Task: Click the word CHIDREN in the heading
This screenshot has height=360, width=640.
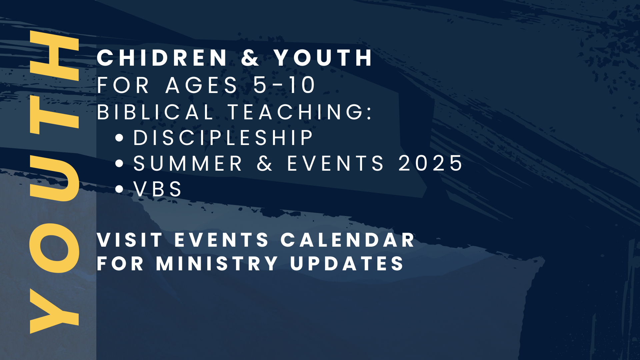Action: [x=162, y=58]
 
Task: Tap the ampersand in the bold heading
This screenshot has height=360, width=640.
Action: [x=250, y=58]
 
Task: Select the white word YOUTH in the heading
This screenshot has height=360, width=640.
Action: [x=323, y=58]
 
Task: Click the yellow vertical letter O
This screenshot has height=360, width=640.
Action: [x=54, y=248]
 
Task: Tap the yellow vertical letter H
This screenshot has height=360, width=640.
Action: [x=54, y=56]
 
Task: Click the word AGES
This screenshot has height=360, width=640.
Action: [x=201, y=85]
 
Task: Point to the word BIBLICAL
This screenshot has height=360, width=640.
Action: [x=155, y=112]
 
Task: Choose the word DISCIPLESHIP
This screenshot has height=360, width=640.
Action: [x=223, y=137]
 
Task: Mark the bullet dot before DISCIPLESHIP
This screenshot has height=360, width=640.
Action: [x=119, y=138]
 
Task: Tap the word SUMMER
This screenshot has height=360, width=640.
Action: [x=188, y=163]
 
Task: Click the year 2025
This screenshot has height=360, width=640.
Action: [x=430, y=163]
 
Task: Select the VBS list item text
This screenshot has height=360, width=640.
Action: [x=158, y=189]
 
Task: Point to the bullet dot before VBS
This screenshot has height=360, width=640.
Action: [x=119, y=189]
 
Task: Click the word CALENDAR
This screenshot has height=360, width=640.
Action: [x=348, y=240]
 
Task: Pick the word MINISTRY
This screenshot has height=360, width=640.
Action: [x=217, y=264]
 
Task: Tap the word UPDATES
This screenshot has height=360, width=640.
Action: [x=347, y=264]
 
